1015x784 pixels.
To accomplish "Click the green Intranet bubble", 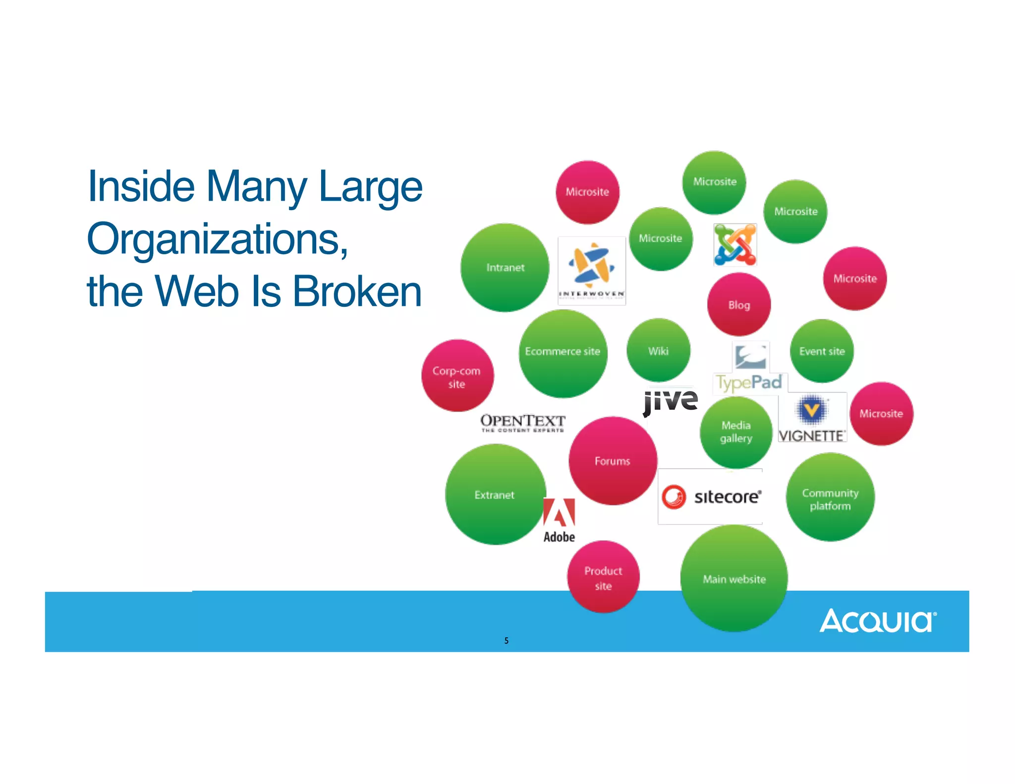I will coord(505,268).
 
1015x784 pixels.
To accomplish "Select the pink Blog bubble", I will coord(738,304).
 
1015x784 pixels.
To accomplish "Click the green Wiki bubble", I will coord(658,350).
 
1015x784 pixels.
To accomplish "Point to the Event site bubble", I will coord(822,351).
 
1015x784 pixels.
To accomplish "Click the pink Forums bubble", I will coord(613,461).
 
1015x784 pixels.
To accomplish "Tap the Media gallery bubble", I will coord(736,432).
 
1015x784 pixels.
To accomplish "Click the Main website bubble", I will coord(734,578).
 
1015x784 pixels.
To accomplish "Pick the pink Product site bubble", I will coord(603,577).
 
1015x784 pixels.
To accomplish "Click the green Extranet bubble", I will coord(495,495).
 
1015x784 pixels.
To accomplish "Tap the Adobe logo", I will coord(559,520).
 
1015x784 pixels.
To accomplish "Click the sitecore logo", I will coord(710,497).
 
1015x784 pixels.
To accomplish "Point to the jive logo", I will coord(670,401).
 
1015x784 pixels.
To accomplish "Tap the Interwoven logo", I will coord(592,271).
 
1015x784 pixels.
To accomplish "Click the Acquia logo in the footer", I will coord(878,620).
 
